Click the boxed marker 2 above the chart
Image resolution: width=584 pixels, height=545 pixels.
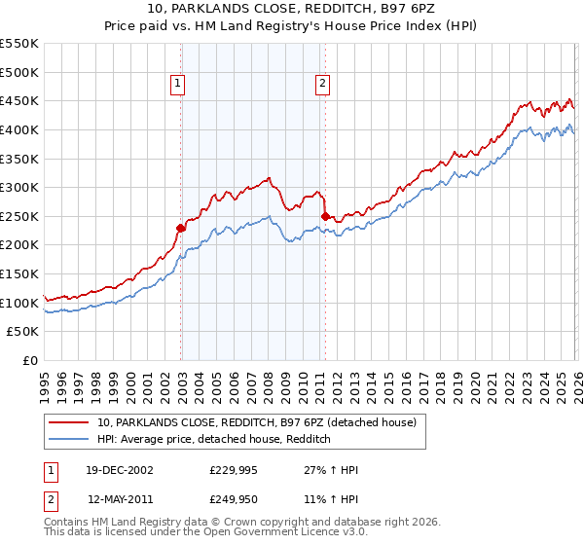pyautogui.click(x=322, y=85)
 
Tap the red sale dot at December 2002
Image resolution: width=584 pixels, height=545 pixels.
pyautogui.click(x=180, y=228)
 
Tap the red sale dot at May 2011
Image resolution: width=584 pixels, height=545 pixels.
pyautogui.click(x=324, y=216)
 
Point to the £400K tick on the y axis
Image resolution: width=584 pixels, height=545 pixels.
pyautogui.click(x=19, y=129)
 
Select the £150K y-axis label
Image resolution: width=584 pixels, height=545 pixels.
pyautogui.click(x=19, y=273)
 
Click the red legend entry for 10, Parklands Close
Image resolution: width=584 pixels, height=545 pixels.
pyautogui.click(x=257, y=422)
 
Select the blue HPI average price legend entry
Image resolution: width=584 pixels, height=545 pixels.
pyautogui.click(x=214, y=439)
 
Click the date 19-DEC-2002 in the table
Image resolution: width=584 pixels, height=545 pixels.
pyautogui.click(x=120, y=470)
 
